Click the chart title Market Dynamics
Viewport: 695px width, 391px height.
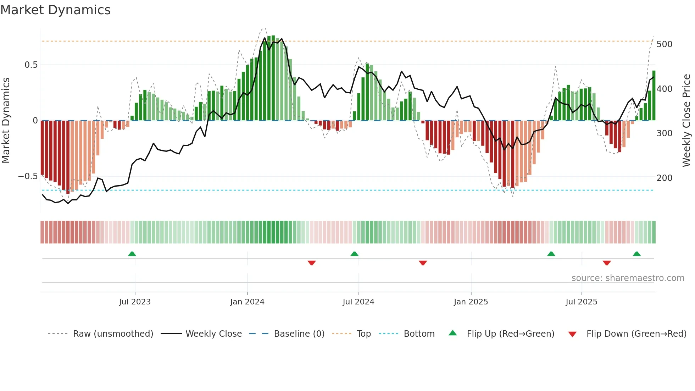click(x=56, y=10)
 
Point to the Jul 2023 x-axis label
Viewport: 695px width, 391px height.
click(x=135, y=302)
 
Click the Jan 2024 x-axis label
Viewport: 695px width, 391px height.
click(x=247, y=302)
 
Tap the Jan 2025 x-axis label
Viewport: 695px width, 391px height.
click(x=471, y=302)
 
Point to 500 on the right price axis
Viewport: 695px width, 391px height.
click(x=664, y=44)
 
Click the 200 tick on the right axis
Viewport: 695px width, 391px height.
click(x=664, y=178)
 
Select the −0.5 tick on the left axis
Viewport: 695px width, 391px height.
click(x=28, y=176)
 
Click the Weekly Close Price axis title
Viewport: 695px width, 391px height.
click(x=687, y=121)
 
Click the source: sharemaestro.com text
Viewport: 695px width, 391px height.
click(x=628, y=278)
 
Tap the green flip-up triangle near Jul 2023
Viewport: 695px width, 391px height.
click(x=132, y=254)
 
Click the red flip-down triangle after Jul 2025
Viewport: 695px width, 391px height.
click(x=607, y=263)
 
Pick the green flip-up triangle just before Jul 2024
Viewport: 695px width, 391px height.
click(x=354, y=254)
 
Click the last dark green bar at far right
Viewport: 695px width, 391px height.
click(x=654, y=96)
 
